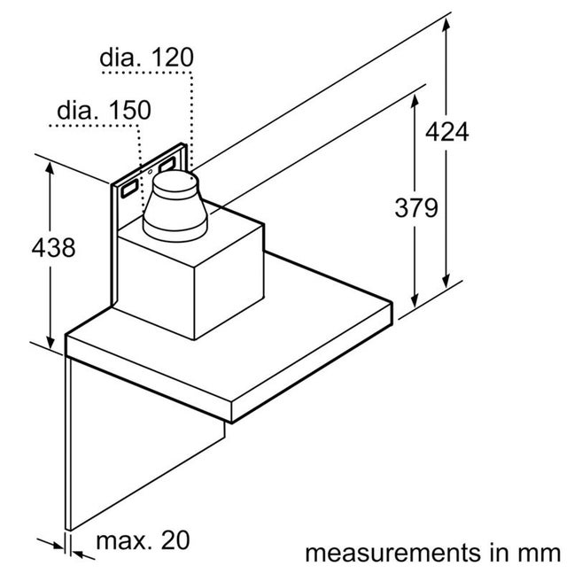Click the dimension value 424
pyautogui.click(x=447, y=132)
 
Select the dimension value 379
pyautogui.click(x=416, y=208)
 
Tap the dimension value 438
pyautogui.click(x=53, y=247)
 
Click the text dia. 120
pyautogui.click(x=146, y=57)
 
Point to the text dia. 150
pyautogui.click(x=104, y=110)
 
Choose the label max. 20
pyautogui.click(x=143, y=540)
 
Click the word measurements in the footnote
pyautogui.click(x=392, y=553)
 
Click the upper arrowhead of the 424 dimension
pyautogui.click(x=446, y=24)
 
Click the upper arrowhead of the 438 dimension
pyautogui.click(x=50, y=168)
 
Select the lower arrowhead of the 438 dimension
pyautogui.click(x=50, y=342)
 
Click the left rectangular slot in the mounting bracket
pyautogui.click(x=129, y=189)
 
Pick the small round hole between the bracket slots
pyautogui.click(x=150, y=172)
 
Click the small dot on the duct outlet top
pyautogui.click(x=191, y=179)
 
